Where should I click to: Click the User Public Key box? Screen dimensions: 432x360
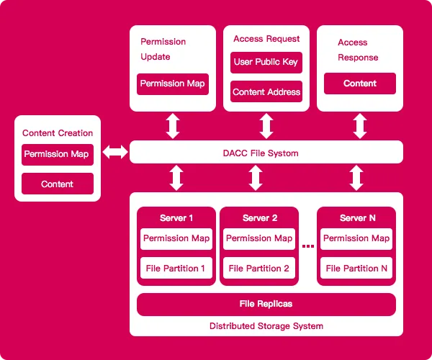(266, 63)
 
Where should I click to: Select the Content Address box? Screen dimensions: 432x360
(266, 91)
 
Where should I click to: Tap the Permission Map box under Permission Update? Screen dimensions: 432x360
(173, 84)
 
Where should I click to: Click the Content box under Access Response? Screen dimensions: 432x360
(360, 84)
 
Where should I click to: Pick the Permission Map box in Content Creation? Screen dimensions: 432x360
(58, 155)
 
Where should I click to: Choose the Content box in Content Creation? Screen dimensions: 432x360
(58, 184)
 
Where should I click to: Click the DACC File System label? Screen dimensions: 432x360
(261, 153)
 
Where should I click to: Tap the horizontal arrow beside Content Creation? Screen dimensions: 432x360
(115, 152)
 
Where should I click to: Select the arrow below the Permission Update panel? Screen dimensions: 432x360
(173, 126)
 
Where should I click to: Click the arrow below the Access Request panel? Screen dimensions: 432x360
(266, 126)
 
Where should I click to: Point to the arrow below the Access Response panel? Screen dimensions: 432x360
(360, 126)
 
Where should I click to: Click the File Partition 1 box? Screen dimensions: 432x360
(176, 268)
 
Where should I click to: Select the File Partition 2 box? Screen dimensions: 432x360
(259, 268)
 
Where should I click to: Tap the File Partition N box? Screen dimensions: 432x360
(356, 268)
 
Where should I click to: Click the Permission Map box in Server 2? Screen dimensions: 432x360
(259, 239)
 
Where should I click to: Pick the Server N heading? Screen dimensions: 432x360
(358, 218)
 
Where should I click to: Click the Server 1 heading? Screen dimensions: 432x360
(176, 218)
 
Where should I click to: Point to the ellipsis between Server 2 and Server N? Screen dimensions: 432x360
(308, 246)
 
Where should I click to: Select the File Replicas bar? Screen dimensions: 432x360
(266, 305)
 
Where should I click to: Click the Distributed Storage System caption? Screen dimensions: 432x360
(266, 326)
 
